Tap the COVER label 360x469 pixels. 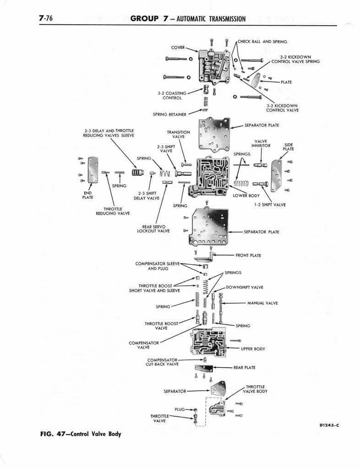[x=178, y=47]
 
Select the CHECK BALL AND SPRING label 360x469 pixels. [x=262, y=42]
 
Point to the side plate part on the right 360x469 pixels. [x=276, y=175]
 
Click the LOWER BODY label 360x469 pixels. [x=246, y=195]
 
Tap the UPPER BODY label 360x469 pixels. [x=253, y=349]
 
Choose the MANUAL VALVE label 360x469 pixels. [x=262, y=303]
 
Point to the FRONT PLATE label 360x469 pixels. [x=248, y=256]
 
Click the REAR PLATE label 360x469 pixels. [x=245, y=367]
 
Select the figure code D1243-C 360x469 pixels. [x=329, y=425]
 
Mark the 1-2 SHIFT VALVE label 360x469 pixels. [x=270, y=205]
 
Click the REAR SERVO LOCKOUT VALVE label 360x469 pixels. [x=153, y=229]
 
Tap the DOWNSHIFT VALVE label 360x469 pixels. [x=245, y=287]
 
